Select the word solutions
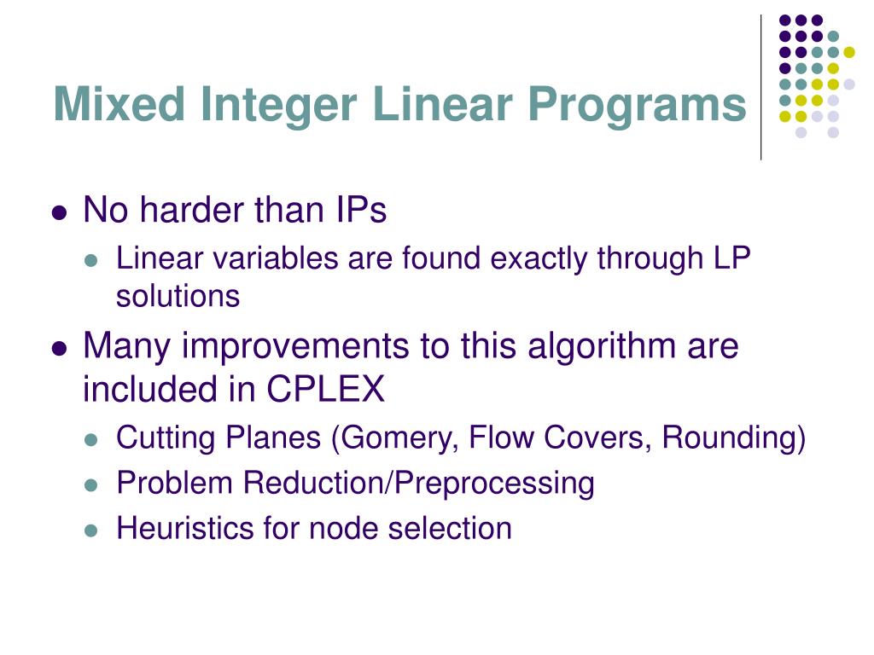coord(178,296)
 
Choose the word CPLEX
coord(325,390)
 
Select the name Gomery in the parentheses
coord(402,438)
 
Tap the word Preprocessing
coord(491,483)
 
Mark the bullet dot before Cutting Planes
coord(94,440)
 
